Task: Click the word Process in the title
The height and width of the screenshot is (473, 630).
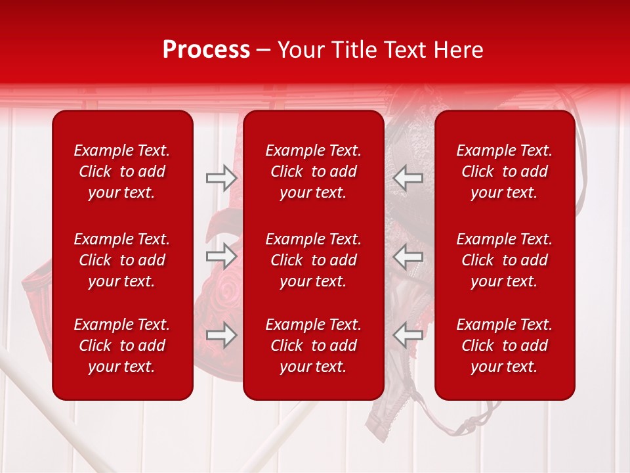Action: point(206,50)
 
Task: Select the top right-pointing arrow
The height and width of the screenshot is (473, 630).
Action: point(221,178)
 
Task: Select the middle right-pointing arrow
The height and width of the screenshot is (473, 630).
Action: point(221,256)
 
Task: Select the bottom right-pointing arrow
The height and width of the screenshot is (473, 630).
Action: point(221,335)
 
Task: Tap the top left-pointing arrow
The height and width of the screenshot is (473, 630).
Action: point(408,178)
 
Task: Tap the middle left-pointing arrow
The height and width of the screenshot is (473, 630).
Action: point(408,256)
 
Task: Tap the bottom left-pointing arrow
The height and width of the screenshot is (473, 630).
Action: point(408,335)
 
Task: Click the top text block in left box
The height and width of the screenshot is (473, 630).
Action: point(122,171)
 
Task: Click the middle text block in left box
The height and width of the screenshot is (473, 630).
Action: point(122,260)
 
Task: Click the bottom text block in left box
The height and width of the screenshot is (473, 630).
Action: point(122,346)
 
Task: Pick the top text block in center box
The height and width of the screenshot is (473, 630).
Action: point(314,171)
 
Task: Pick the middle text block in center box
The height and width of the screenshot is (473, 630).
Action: point(314,260)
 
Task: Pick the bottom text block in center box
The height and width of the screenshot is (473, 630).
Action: point(314,346)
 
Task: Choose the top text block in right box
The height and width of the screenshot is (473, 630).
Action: point(505,171)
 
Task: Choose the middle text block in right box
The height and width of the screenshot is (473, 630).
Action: point(505,260)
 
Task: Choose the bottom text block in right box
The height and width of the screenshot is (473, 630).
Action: point(505,346)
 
